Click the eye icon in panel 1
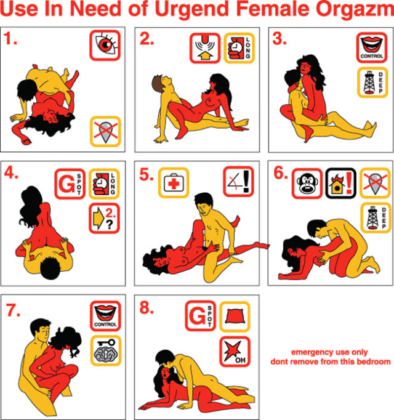[105, 46]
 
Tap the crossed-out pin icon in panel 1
[105, 131]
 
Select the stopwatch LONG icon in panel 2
[239, 48]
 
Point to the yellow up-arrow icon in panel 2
[205, 48]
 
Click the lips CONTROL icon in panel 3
[372, 47]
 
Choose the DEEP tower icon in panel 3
[372, 83]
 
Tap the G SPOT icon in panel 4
[70, 184]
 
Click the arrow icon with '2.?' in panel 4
[105, 218]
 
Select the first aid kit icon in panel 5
[174, 183]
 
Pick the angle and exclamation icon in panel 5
[238, 181]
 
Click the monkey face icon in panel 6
[307, 184]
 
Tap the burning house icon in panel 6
[341, 184]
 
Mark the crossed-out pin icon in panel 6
[375, 183]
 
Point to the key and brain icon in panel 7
[106, 350]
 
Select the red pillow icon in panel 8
[235, 317]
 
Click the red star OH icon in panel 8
[235, 352]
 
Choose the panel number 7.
[13, 310]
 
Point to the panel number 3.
[279, 39]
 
